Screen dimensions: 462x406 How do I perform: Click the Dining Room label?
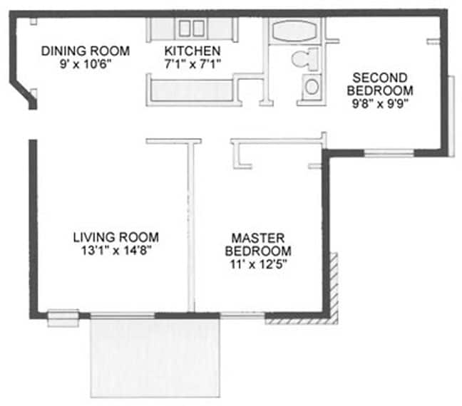point(86,51)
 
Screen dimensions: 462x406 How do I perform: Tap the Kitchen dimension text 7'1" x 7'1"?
point(192,64)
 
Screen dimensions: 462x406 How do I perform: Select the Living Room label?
point(116,237)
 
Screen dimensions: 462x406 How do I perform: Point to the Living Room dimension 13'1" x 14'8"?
point(116,251)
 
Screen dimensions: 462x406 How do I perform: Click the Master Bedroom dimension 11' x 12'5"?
point(258,264)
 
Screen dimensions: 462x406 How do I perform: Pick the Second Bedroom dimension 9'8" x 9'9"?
point(380,103)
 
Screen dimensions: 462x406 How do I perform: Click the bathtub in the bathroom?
point(294,31)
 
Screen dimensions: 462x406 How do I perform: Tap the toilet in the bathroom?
point(306,59)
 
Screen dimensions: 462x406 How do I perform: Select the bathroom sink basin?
point(312,87)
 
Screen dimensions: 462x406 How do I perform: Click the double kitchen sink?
point(192,28)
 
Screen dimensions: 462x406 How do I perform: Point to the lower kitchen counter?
point(192,90)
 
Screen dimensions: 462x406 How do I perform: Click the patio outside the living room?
point(155,358)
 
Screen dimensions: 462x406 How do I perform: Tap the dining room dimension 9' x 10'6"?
point(86,64)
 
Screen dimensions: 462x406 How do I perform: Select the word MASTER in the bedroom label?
point(258,238)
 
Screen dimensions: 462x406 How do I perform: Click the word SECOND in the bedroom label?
point(380,78)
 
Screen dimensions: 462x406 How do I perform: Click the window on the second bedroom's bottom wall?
point(389,153)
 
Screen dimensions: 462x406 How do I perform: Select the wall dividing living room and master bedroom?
point(191,227)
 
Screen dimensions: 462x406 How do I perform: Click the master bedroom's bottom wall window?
point(242,316)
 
